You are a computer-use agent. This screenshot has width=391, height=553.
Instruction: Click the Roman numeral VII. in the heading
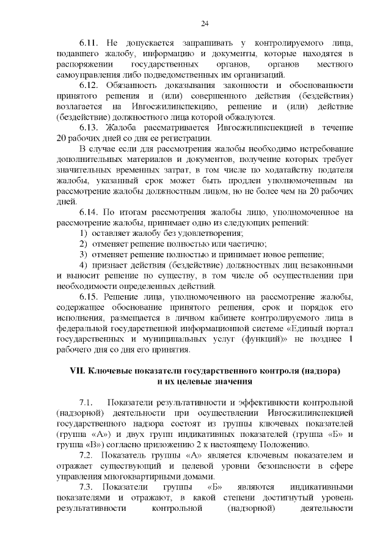(x=81, y=372)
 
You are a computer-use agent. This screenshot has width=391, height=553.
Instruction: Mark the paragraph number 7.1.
(x=87, y=403)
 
